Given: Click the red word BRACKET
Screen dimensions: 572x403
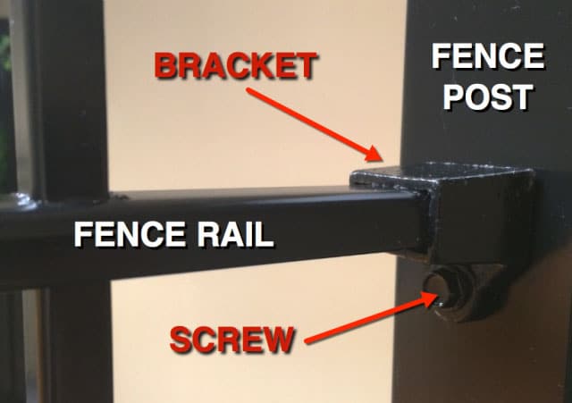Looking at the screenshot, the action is coord(235,65).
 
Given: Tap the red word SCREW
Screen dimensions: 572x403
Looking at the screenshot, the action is coord(231,340).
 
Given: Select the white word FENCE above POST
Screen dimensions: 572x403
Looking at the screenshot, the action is coord(488,56).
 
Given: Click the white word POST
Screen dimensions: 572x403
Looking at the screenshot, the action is coord(488,97).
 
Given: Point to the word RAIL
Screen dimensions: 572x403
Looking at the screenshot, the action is coord(235,234).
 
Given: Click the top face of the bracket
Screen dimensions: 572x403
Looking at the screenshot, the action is coord(438,174).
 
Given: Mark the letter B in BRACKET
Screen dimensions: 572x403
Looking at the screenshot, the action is coord(166,65).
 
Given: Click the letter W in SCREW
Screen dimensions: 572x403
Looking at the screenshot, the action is coord(276,340).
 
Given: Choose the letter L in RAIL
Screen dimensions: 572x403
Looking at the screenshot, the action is coord(265,234).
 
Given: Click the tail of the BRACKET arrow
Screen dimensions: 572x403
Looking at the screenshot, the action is coord(248,89).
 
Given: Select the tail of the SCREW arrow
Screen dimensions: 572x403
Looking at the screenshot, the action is coord(307,341).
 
